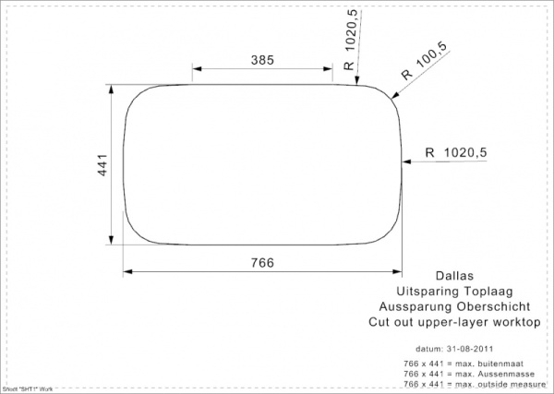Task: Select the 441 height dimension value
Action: (x=104, y=166)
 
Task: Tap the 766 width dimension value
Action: (x=263, y=263)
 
